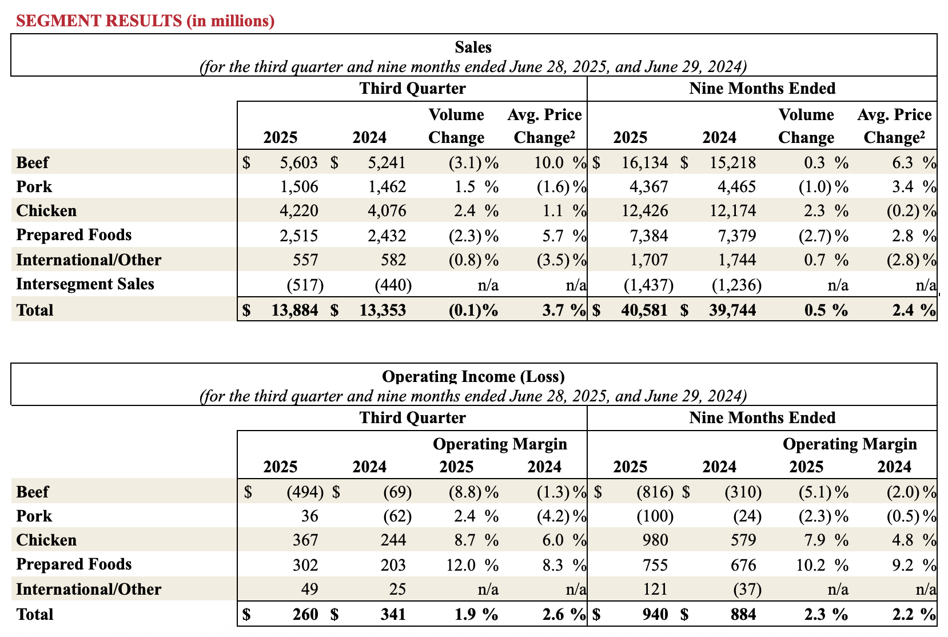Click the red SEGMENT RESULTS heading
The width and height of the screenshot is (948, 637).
click(145, 21)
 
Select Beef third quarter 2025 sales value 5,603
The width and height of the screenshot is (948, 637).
click(298, 163)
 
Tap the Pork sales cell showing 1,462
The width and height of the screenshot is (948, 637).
click(387, 187)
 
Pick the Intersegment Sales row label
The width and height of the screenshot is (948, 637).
click(85, 284)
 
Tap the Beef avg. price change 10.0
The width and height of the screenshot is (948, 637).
click(549, 163)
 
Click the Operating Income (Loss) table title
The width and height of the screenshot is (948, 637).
click(473, 377)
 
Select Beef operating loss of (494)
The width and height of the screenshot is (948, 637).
click(305, 492)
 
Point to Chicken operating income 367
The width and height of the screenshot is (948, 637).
click(305, 540)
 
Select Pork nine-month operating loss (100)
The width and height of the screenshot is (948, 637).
click(655, 516)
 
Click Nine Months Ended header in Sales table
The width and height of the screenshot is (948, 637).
click(762, 89)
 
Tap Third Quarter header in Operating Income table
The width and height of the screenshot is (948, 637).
click(412, 418)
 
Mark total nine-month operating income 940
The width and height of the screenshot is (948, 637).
click(655, 615)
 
